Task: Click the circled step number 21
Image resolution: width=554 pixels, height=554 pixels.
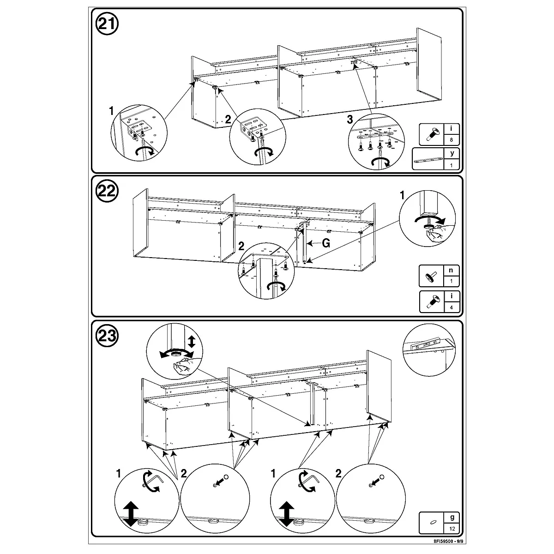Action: pos(107,24)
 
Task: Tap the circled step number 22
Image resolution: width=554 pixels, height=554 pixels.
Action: pos(107,191)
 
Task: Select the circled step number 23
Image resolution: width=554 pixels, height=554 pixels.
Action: pos(107,336)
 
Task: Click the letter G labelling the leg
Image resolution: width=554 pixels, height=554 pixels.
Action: pos(326,243)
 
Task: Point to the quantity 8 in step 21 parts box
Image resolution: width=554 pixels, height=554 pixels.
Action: pos(452,140)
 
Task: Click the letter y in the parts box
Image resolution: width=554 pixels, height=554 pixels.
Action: pos(452,153)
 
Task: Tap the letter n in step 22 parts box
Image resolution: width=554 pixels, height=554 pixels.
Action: pos(451,270)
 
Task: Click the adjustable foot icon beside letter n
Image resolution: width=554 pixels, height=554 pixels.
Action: pos(431,277)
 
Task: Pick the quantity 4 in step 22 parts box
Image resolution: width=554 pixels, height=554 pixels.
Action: pos(452,307)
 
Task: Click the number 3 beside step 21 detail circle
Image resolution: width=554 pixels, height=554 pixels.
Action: pos(349,119)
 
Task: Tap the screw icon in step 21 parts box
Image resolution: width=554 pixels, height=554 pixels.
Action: pos(432,134)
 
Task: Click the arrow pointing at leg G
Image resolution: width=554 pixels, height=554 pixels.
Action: pos(314,243)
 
